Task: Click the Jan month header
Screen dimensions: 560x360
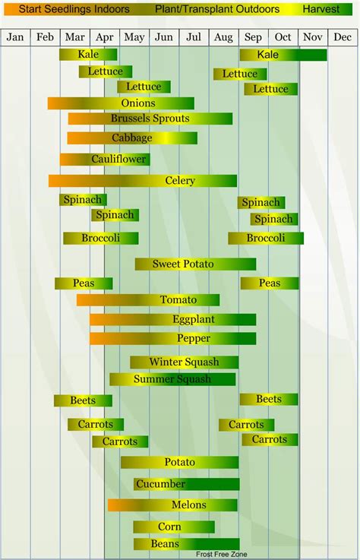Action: tap(16, 37)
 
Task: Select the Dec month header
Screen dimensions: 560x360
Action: tap(343, 37)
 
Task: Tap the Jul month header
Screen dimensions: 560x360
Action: tap(194, 37)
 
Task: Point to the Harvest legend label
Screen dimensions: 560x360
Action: tap(321, 10)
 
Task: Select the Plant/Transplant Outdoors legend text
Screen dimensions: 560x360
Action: tap(217, 10)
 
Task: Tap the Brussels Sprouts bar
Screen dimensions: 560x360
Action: tap(150, 119)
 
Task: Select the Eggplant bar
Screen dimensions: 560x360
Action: tap(172, 320)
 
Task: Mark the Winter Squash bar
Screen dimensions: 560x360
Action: tap(183, 362)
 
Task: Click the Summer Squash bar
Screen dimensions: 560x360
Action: tap(172, 379)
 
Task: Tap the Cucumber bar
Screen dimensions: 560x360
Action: tap(187, 484)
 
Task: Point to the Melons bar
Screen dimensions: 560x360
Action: tap(172, 505)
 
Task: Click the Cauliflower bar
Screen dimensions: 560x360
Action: tap(105, 160)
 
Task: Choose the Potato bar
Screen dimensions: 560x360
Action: tap(179, 462)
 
